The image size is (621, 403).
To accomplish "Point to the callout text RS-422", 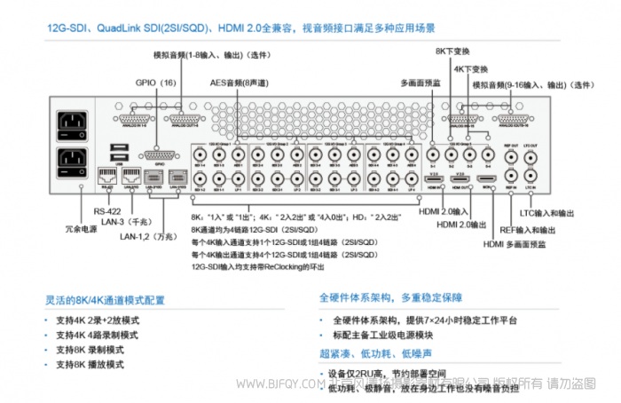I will (106, 211).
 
